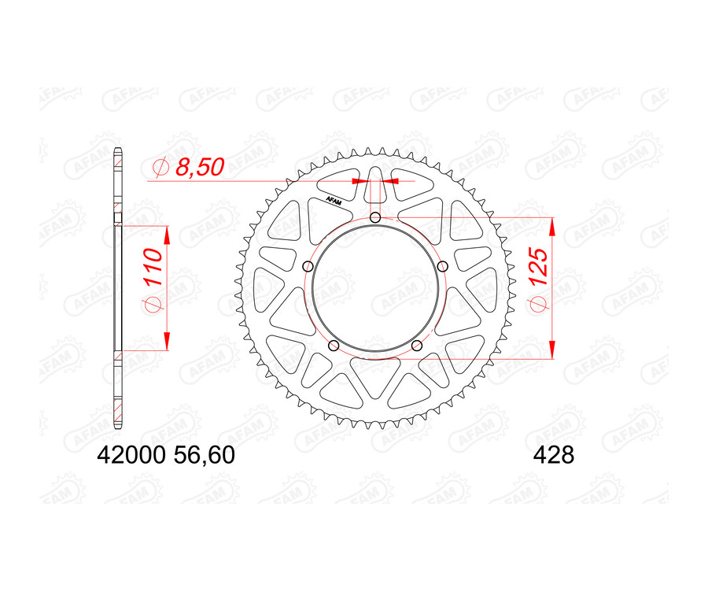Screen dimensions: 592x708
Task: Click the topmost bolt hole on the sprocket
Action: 375,218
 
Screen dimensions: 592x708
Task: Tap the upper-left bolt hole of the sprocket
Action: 309,265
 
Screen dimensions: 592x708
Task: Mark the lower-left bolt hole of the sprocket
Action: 334,345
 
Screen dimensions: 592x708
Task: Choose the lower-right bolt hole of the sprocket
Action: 416,345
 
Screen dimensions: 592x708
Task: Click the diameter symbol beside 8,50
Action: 160,167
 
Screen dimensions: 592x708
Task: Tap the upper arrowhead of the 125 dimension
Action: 552,226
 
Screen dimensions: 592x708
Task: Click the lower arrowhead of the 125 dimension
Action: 552,350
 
